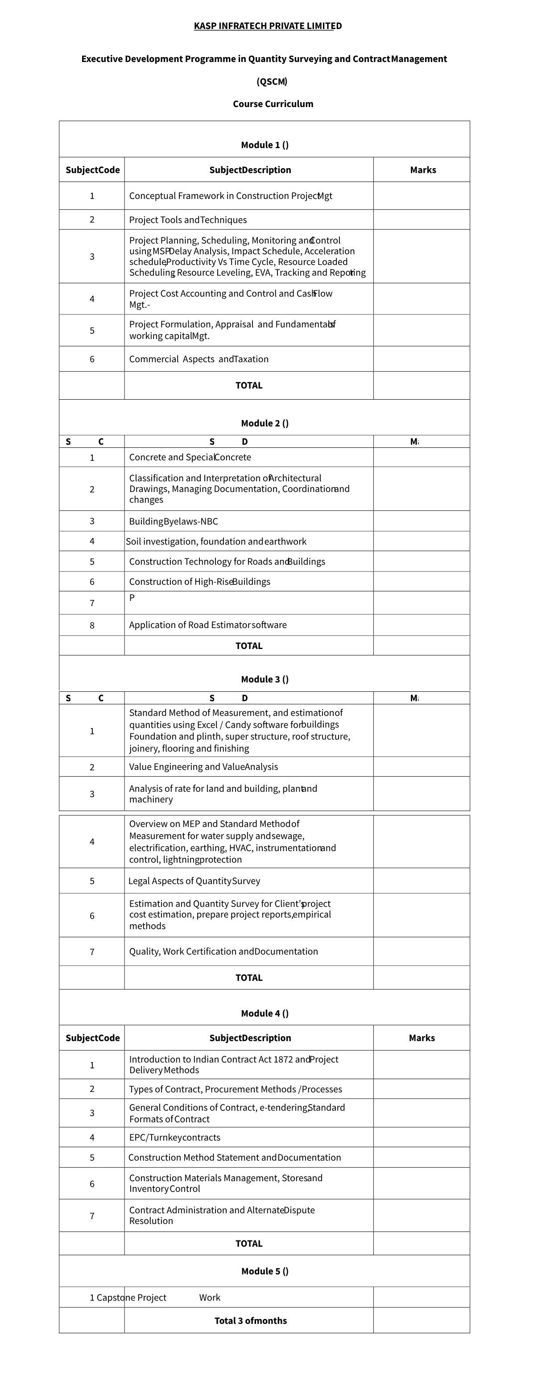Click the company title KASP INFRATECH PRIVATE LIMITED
coord(268,26)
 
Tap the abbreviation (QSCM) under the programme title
coord(272,82)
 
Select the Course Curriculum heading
coord(273,104)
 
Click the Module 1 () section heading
coord(265,145)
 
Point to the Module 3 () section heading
coord(265,679)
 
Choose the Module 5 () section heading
coord(265,1271)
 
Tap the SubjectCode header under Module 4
coord(92,1038)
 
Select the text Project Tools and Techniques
coord(188,220)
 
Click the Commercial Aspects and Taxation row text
coord(199,359)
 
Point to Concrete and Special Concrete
coord(190,457)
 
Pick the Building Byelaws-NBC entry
coord(173,521)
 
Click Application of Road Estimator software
coord(207,625)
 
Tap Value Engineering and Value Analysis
coord(203,767)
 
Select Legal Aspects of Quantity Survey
coord(194,881)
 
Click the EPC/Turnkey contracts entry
coord(174,1137)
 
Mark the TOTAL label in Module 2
coord(249,646)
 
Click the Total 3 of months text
coord(251,1320)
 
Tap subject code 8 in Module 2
coord(92,625)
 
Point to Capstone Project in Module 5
coord(132,1298)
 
